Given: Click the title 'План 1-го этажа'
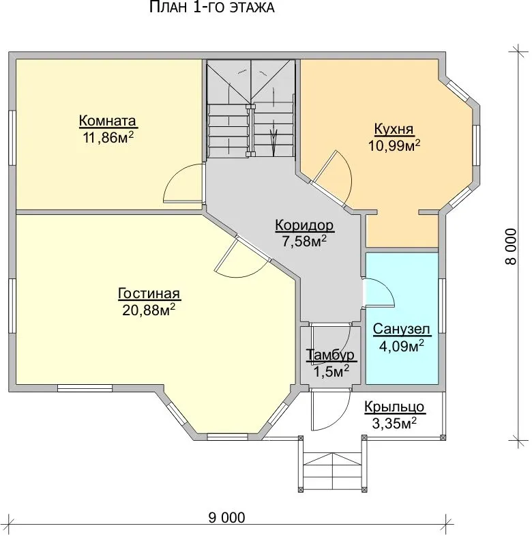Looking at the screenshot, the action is click(211, 7).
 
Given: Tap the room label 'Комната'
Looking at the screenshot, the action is click(108, 121).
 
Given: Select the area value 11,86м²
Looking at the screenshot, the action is click(108, 137).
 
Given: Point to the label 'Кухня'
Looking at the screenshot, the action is click(394, 129).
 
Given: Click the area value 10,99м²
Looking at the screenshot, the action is click(394, 145).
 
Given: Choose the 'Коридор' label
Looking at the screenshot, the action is click(304, 225).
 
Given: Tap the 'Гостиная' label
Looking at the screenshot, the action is click(149, 293).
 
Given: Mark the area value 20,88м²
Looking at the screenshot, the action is click(149, 310).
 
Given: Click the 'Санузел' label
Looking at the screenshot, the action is click(401, 329).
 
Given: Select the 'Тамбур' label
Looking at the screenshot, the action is click(331, 355).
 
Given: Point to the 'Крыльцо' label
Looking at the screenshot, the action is click(394, 407).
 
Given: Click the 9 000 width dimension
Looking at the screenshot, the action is click(226, 517).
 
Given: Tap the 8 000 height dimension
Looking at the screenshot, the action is click(510, 246).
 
